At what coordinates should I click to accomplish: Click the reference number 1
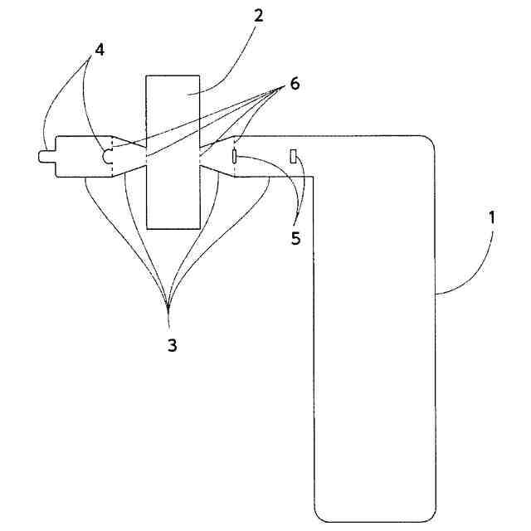(x=492, y=219)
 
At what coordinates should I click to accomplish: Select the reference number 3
(x=172, y=345)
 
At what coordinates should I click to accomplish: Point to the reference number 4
(x=99, y=49)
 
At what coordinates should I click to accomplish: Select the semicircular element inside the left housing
(x=107, y=155)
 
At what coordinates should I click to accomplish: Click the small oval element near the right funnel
(x=236, y=155)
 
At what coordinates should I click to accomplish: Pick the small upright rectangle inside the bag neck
(x=294, y=155)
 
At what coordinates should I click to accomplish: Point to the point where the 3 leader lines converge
(x=168, y=309)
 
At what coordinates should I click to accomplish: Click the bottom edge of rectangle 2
(x=172, y=227)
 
